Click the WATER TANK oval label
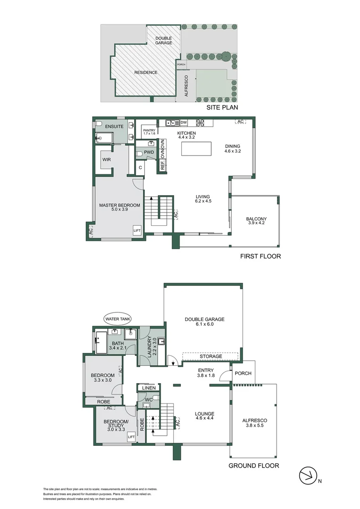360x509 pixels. pos(118,319)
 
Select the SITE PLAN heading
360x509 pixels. pos(224,108)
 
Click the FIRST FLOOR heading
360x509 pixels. pos(261,256)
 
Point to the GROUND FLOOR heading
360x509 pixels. pos(254,466)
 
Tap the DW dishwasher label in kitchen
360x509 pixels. pos(183,123)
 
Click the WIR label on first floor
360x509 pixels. pos(106,159)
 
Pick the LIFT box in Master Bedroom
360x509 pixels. pos(137,230)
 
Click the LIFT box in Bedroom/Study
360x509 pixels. pos(131,437)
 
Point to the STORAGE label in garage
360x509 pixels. pos(210,356)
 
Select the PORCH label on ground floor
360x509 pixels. pos(243,373)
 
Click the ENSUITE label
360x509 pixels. pos(114,127)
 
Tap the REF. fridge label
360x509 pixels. pos(163,165)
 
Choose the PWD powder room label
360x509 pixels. pos(149,153)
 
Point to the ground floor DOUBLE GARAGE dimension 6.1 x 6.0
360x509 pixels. pos(205,325)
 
